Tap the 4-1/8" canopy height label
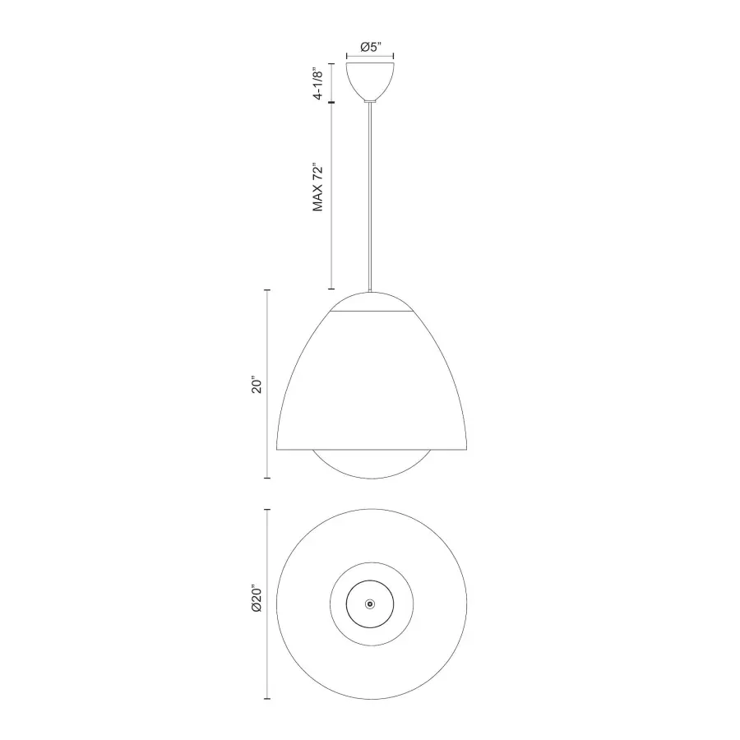tap(318, 83)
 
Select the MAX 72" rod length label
tap(318, 187)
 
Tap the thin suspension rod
tap(370, 197)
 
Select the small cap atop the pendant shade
tap(370, 303)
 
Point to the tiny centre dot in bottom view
tap(370, 604)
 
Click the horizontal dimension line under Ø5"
tap(370, 58)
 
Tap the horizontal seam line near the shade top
tap(370, 312)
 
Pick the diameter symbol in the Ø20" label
tap(257, 611)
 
